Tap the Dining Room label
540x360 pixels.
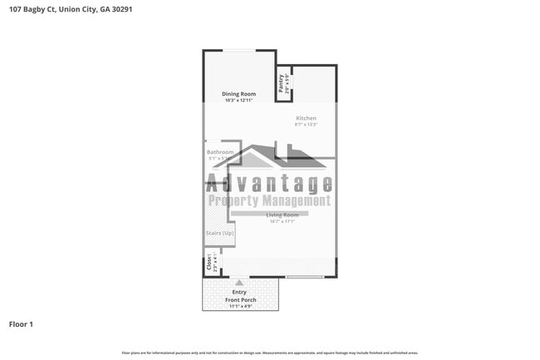[238, 94]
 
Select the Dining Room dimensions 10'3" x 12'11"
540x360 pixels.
[238, 101]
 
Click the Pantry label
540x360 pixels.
[282, 82]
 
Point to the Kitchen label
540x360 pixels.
[306, 118]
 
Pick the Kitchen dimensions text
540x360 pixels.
[306, 125]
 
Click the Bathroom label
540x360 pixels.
[220, 152]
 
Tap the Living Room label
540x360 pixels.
[282, 215]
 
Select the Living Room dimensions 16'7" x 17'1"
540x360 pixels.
[282, 221]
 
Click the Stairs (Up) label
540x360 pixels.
[220, 234]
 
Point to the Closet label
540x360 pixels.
[209, 263]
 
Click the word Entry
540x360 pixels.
[239, 293]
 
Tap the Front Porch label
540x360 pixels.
[241, 300]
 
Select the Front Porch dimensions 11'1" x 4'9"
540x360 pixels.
[241, 307]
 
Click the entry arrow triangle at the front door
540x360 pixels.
[239, 283]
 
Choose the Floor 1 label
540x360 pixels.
[21, 323]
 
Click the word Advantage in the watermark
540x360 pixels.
[269, 184]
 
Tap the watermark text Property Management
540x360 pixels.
[268, 201]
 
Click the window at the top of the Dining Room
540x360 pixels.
[238, 52]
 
